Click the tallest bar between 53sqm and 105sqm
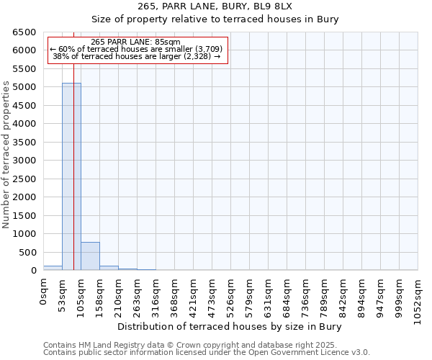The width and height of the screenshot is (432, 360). tap(71, 176)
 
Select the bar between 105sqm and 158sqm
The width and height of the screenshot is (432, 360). tap(90, 256)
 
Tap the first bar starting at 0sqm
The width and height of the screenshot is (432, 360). tap(53, 268)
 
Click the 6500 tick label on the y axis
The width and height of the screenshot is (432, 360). tap(24, 32)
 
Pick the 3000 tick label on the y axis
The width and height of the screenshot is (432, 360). tap(24, 161)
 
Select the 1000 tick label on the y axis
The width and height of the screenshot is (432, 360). tap(24, 234)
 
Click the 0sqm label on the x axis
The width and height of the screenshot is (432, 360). tap(44, 292)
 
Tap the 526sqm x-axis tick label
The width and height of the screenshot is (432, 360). tap(231, 296)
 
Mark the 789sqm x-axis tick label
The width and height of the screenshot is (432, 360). tap(325, 296)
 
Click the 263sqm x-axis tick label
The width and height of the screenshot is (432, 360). tap(138, 296)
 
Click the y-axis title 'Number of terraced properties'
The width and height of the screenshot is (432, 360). tap(7, 155)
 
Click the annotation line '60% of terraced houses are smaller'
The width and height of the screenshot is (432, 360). tap(136, 49)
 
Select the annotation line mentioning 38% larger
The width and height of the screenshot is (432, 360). tap(136, 56)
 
